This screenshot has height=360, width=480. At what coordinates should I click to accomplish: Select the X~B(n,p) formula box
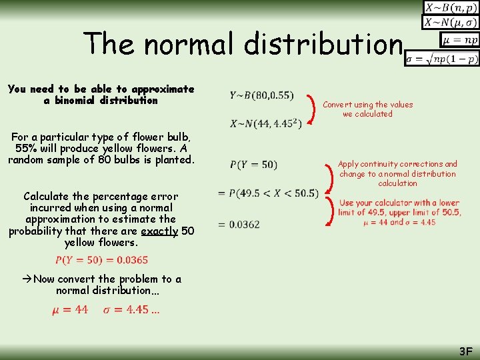pos(450,8)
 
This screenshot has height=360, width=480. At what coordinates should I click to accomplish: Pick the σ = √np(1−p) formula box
pos(443,59)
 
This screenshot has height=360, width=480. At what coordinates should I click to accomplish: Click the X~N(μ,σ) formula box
pos(450,23)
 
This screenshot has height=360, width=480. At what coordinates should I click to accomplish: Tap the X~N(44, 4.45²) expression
pos(265,123)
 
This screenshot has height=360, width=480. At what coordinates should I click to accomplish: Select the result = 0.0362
pos(239,224)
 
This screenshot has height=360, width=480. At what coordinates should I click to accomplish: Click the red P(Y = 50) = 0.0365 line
pos(101,260)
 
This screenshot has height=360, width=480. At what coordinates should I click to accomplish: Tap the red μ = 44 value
pos(70,309)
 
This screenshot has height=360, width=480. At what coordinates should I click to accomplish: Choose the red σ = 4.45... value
pos(131,309)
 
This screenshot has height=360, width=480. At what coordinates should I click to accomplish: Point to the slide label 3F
pos(465,351)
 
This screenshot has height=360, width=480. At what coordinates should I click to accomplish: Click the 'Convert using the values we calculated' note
pos(367,109)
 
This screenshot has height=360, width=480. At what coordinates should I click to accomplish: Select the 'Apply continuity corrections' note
pos(397,173)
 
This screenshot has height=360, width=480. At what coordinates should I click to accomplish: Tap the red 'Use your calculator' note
pos(399,212)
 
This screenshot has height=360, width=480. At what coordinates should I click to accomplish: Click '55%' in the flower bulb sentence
pos(24,148)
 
